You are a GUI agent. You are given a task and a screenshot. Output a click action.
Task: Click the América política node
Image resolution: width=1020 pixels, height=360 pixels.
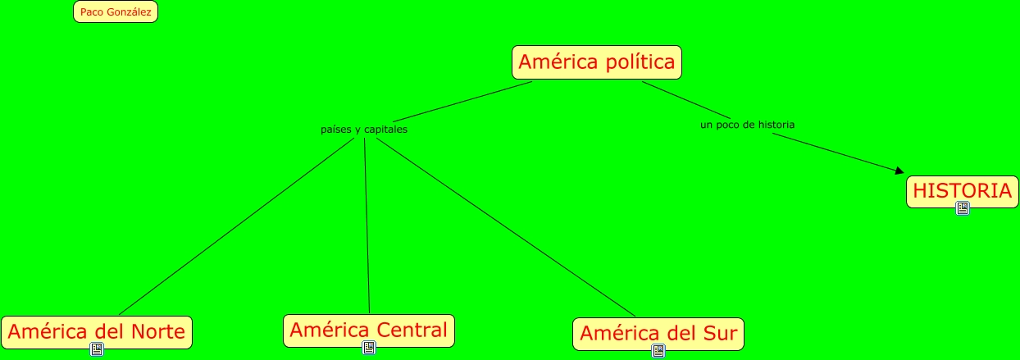point(597,62)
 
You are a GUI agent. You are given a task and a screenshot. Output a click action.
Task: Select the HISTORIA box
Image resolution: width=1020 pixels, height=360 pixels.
point(962,191)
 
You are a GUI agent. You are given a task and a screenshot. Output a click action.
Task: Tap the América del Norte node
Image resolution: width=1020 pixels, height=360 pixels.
point(97,332)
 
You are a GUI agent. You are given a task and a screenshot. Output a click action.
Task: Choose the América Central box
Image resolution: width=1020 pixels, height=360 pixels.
point(368,330)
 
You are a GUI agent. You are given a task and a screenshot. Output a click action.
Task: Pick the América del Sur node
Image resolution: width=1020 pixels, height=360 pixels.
point(658,334)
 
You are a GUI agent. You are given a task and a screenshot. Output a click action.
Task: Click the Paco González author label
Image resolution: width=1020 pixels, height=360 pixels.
point(115,12)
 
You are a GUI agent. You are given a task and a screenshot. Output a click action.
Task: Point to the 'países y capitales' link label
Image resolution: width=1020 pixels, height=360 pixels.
point(363,130)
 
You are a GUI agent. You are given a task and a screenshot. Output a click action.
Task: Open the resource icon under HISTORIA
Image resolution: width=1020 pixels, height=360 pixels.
point(963,208)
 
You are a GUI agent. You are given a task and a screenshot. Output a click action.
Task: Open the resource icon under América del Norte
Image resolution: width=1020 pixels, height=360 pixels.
point(97,350)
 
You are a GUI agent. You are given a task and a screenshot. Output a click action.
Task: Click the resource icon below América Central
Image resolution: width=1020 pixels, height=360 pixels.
point(369,349)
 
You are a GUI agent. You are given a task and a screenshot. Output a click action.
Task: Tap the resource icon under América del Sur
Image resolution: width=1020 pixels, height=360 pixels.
point(658,351)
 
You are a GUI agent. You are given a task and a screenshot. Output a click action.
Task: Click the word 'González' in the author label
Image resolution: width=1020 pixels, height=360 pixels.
point(129,12)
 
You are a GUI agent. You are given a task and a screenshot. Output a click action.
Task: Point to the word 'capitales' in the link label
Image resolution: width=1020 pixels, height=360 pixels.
point(385,130)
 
